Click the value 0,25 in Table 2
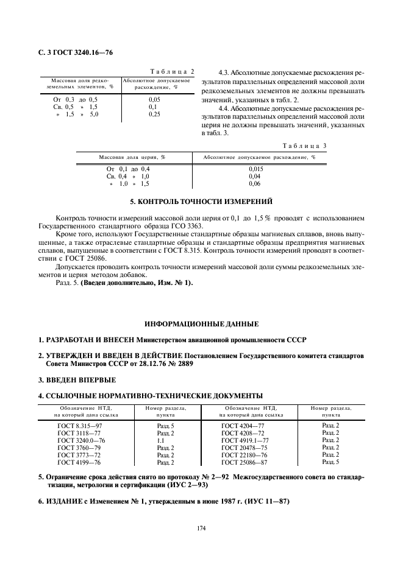154,114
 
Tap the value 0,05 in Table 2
154,99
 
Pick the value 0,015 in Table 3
257,169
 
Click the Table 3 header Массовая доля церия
132,157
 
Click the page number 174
201,528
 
